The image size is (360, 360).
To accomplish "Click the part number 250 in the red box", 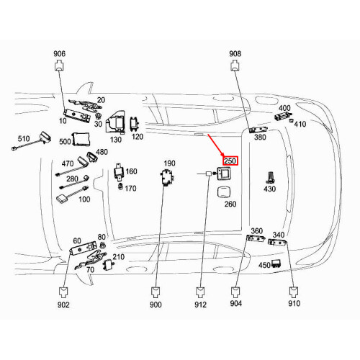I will [x=230, y=161].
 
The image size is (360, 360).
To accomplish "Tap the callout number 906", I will [x=59, y=54].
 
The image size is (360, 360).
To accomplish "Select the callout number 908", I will [x=235, y=54].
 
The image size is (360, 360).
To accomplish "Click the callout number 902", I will [x=63, y=305].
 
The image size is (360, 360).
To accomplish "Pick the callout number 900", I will [x=156, y=305].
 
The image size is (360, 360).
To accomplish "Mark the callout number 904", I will [x=235, y=305].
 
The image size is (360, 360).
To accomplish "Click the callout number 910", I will [x=294, y=305].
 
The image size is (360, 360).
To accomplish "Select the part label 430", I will [x=269, y=189].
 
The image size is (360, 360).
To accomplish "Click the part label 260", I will [x=230, y=204].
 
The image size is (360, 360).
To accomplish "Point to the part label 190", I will [x=169, y=163].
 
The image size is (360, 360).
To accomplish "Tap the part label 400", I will [x=284, y=108].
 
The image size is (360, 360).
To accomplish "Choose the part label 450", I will [x=264, y=265].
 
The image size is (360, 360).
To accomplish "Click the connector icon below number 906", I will [x=59, y=67].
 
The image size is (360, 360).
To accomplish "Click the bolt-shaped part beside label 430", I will [x=269, y=176].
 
